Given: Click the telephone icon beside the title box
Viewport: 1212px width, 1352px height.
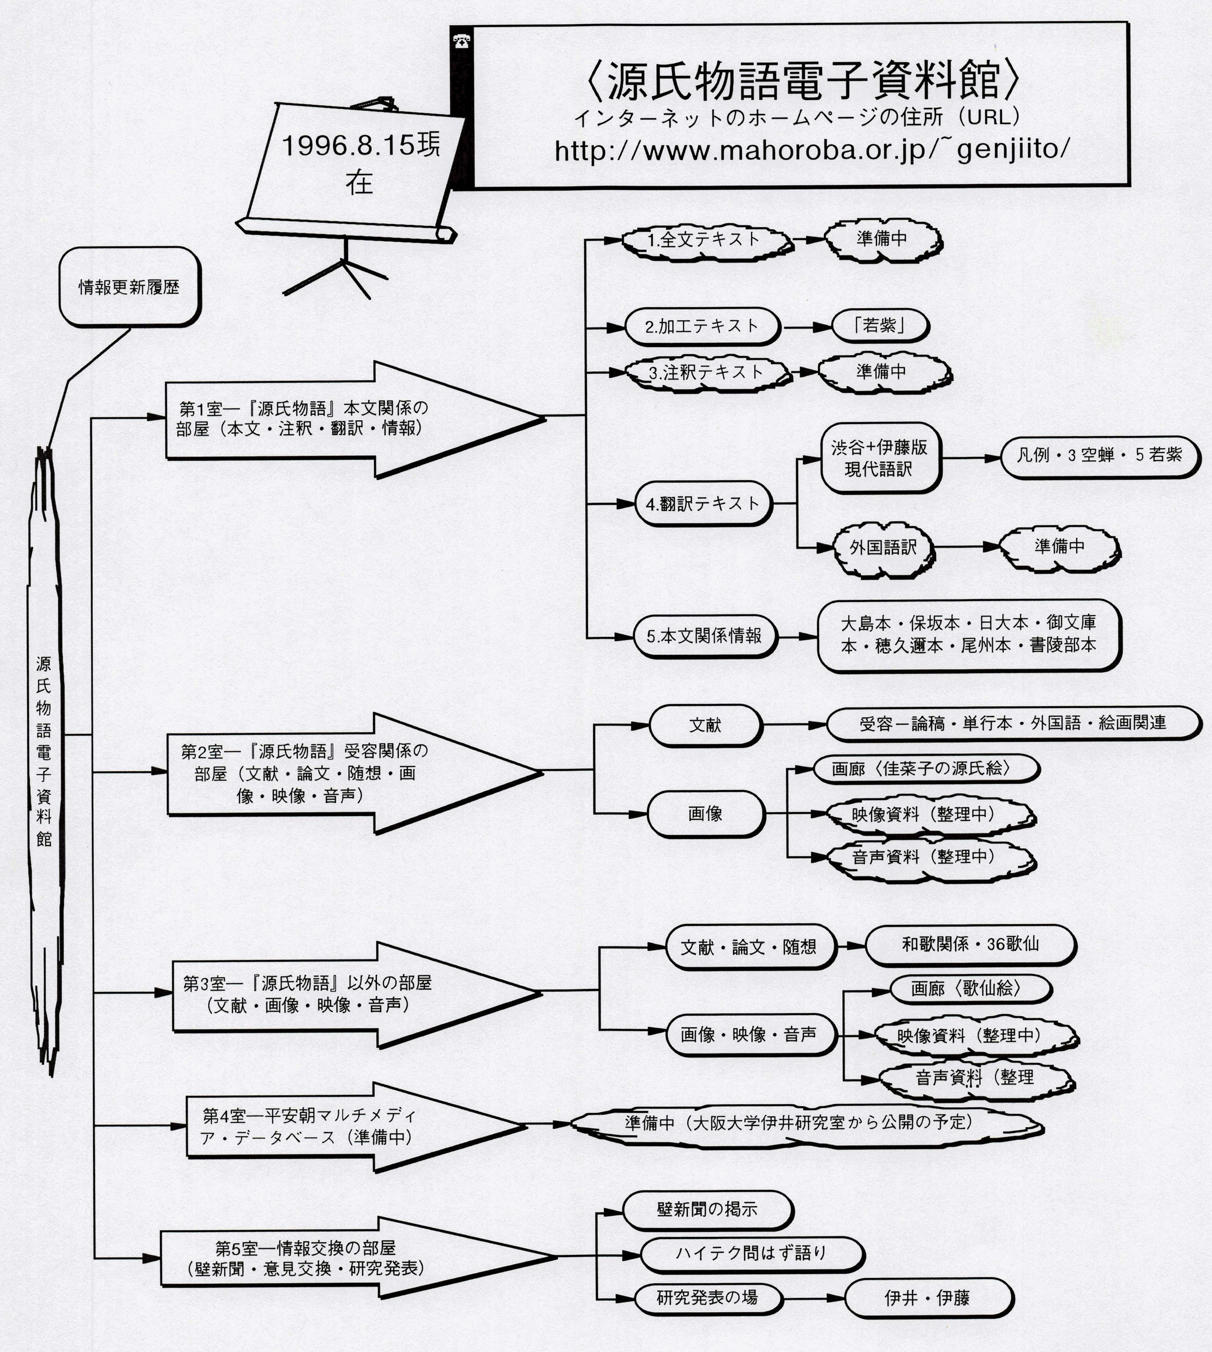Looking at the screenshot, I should point(461,42).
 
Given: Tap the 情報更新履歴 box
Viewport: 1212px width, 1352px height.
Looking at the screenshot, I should point(129,287).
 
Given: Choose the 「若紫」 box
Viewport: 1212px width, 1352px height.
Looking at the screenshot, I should point(880,326).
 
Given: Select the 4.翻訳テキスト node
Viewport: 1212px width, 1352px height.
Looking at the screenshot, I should point(703,504).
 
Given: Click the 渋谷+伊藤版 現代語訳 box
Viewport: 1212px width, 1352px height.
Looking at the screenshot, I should point(880,458).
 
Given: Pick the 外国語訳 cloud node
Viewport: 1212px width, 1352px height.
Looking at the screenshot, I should point(883,547).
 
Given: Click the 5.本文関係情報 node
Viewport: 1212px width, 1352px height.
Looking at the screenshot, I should point(705,636).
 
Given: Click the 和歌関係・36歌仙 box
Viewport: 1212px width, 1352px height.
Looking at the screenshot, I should point(970,944).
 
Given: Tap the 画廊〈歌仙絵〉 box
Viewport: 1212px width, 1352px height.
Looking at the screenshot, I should point(970,989).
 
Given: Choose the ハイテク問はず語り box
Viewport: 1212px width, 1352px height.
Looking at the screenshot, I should point(751,1253).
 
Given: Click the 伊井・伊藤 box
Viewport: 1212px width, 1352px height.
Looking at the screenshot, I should point(928,1297).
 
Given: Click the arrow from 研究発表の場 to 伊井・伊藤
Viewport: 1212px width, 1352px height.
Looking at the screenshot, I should point(813,1298).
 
